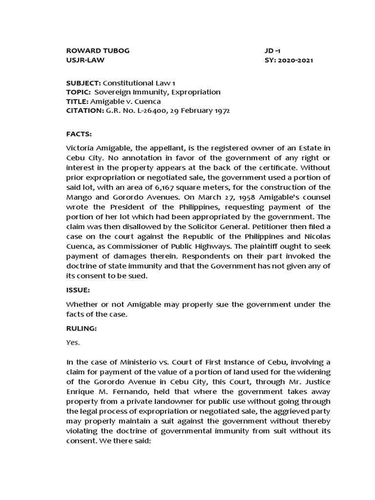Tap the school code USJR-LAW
click(x=85, y=61)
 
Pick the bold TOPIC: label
click(x=78, y=92)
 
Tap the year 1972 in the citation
click(x=220, y=111)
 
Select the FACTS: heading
click(x=79, y=133)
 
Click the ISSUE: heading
click(x=78, y=290)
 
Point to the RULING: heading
click(x=81, y=329)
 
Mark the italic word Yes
click(x=73, y=342)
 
